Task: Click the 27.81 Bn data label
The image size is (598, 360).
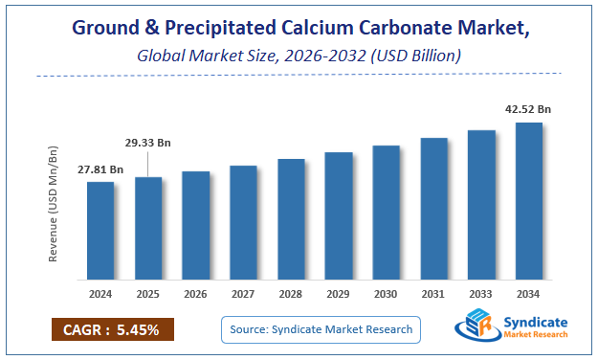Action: (100, 169)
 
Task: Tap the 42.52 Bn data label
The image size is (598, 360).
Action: (528, 110)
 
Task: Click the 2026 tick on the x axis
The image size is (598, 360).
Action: (196, 293)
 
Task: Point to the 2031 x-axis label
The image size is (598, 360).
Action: (433, 293)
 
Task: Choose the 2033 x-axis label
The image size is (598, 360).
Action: (481, 293)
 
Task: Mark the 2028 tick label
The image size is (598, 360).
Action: (291, 293)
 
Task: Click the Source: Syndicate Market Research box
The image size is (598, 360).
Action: (321, 329)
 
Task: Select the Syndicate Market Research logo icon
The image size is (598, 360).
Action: (476, 327)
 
